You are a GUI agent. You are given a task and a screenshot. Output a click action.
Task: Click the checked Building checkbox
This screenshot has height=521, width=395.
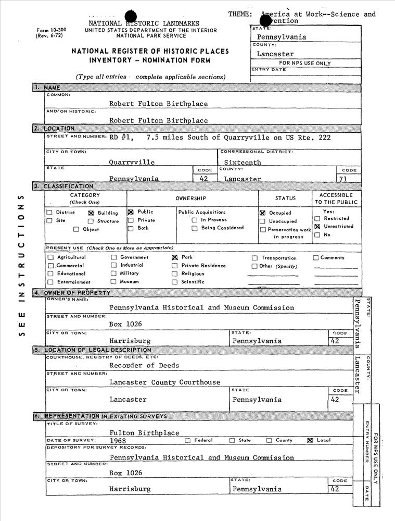pos(91,213)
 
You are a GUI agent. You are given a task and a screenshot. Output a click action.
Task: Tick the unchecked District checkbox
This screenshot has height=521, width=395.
pos(49,213)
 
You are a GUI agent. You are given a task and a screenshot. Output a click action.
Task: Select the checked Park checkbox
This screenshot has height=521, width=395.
pos(175,257)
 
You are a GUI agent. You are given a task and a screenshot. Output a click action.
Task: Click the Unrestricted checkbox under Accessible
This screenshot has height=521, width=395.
pos(317,227)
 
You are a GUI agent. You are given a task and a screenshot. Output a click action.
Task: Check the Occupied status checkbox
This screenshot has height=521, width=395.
pos(263,213)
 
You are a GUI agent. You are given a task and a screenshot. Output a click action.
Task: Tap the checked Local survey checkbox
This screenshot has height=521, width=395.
pos(310,440)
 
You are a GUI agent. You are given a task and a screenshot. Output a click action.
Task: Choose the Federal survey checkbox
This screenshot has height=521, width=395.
pos(187,440)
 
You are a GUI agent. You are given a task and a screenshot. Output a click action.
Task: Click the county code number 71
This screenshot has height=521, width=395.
pos(343,179)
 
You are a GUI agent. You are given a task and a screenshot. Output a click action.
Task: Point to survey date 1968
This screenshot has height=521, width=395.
pos(118,441)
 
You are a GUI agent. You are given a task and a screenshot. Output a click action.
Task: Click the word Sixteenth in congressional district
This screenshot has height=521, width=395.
pos(243,163)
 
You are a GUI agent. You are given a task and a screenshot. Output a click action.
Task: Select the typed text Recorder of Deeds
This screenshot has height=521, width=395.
pos(144,365)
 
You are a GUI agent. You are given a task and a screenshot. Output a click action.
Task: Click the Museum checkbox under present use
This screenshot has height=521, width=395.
pos(113,281)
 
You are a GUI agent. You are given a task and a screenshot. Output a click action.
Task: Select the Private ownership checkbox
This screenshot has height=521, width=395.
pos(131,220)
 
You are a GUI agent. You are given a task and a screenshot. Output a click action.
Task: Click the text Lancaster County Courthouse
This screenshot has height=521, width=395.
pos(164,382)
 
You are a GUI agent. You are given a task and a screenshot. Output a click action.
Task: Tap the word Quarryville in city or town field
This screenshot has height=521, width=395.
pos(132,162)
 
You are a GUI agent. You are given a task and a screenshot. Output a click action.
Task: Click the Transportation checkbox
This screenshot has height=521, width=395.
pos(254,258)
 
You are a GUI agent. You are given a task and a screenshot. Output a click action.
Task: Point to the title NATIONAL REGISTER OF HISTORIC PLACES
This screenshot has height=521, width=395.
pos(150,52)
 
